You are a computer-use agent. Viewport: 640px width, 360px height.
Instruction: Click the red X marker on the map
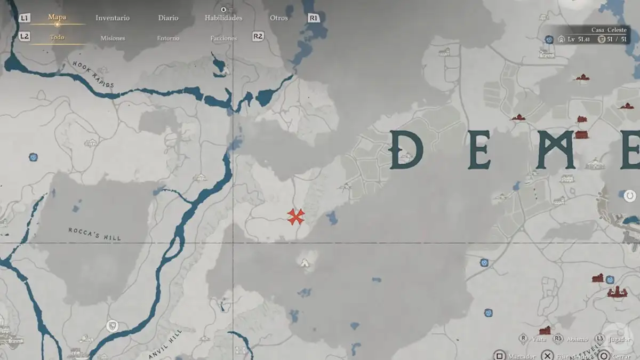(295, 216)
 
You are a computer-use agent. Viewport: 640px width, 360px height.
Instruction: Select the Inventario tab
(113, 18)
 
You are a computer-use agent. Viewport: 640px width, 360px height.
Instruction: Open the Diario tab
(168, 18)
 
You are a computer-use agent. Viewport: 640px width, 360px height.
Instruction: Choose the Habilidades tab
(223, 18)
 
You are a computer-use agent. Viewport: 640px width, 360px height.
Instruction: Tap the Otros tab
(279, 18)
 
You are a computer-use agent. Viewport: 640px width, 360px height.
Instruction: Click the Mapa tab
(57, 17)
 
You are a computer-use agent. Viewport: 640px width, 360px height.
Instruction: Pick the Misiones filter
(113, 38)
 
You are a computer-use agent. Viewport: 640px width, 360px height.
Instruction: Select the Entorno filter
(168, 38)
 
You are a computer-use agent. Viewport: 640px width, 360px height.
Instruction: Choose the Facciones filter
(223, 38)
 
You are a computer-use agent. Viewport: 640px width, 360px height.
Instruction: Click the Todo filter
(57, 37)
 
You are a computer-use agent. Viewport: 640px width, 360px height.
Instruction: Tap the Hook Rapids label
(93, 74)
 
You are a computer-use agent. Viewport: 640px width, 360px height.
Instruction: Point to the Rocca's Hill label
(94, 234)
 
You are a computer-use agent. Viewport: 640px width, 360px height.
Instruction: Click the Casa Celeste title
(609, 30)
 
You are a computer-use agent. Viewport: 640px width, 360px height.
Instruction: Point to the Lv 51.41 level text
(579, 39)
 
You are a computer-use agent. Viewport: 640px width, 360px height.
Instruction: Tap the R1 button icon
(314, 18)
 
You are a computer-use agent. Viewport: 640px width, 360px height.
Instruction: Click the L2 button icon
(24, 36)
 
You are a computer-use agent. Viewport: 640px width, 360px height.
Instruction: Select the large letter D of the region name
(406, 150)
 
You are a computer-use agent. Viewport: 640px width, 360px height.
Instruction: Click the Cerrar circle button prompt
(604, 355)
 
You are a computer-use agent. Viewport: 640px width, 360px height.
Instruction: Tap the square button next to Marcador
(499, 355)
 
